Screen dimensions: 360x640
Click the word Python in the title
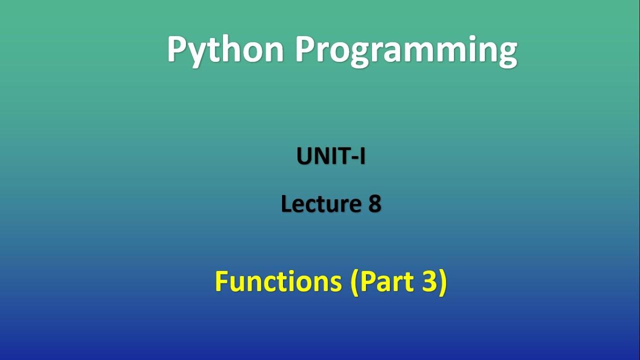(x=225, y=50)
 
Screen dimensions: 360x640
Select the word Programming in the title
(x=405, y=50)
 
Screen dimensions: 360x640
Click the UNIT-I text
(x=331, y=156)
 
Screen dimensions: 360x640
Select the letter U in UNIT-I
(x=304, y=156)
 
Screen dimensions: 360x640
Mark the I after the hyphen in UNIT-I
(x=362, y=156)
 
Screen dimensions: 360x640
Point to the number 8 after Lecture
(x=375, y=204)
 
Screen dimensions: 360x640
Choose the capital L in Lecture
(x=285, y=204)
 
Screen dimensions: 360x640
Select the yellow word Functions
(x=278, y=281)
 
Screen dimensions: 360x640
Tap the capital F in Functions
(x=220, y=281)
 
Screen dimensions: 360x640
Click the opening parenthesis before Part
(x=354, y=282)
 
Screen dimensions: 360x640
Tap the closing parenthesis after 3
(x=442, y=282)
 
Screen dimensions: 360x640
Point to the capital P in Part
(x=366, y=281)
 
